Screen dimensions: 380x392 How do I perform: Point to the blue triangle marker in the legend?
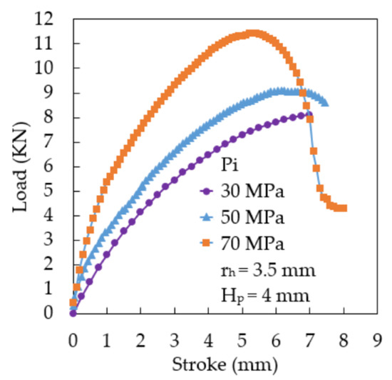(207, 218)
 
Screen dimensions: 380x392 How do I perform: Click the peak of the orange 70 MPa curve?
(252, 33)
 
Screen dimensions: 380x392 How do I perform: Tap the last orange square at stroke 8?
(344, 208)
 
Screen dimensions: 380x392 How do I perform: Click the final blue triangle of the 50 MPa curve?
(326, 103)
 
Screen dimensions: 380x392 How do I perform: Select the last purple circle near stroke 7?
(308, 114)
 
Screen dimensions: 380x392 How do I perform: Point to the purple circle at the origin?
(73, 313)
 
